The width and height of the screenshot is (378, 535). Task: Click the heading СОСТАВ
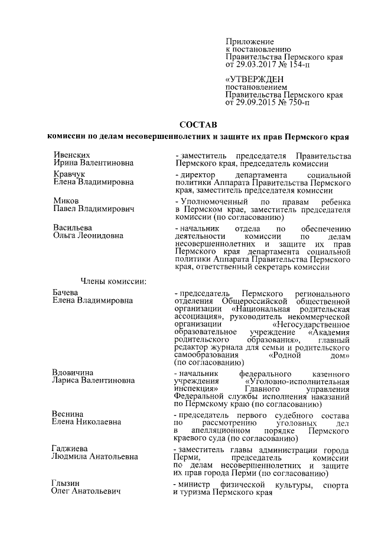click(198, 125)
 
